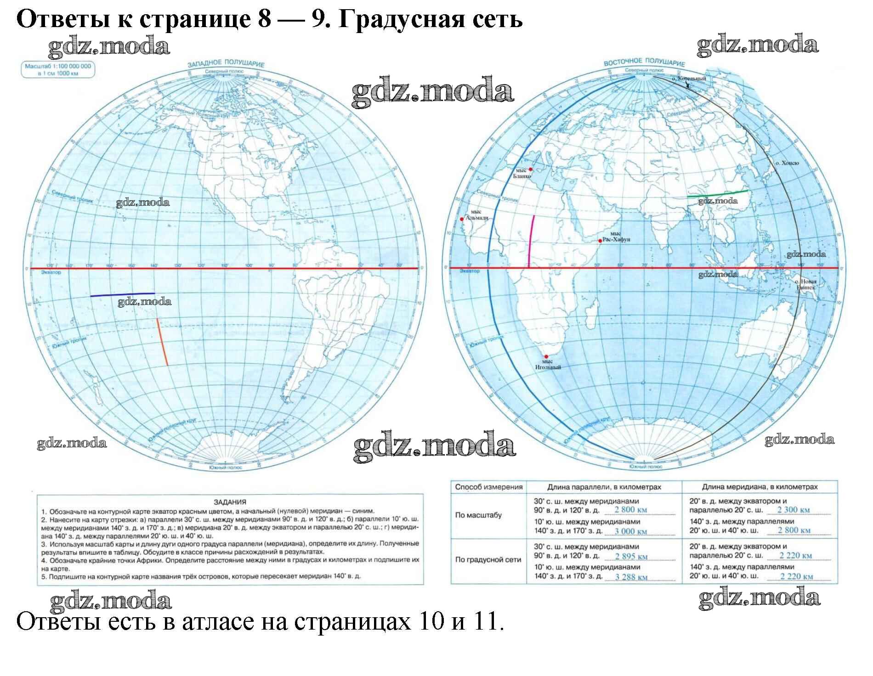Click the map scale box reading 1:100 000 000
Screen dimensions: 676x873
[58, 69]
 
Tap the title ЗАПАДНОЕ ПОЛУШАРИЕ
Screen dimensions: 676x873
[226, 63]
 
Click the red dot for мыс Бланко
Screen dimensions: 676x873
[531, 169]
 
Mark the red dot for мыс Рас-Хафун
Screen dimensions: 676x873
[600, 241]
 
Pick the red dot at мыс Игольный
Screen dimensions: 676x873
[546, 356]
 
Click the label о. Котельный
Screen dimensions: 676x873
[688, 79]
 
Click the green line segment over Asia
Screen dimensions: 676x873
[717, 193]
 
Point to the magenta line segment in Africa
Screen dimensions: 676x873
[531, 241]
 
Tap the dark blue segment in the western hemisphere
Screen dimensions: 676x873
[122, 294]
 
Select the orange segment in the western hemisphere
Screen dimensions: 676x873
[162, 342]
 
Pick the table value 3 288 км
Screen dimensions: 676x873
[631, 577]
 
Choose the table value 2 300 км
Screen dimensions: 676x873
[793, 509]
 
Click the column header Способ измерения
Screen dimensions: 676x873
[488, 487]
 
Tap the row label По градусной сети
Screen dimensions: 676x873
[488, 560]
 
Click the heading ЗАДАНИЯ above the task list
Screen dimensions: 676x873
[230, 502]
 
